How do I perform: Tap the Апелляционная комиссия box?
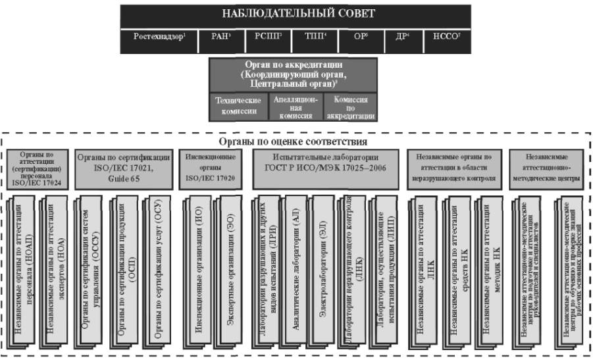295,107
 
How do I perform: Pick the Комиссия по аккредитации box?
350,107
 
